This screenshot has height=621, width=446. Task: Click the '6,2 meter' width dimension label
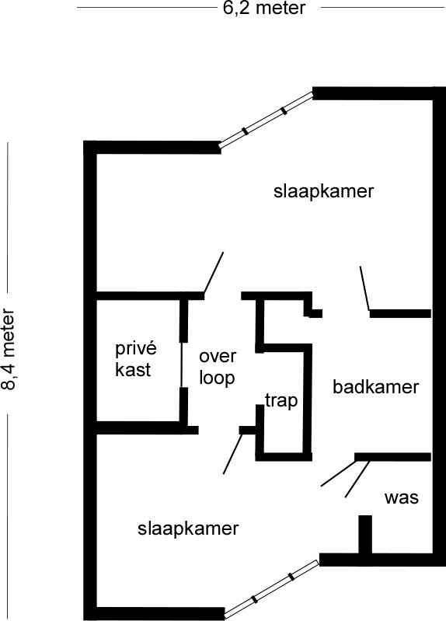click(264, 8)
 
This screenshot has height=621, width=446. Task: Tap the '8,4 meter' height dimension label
click(9, 349)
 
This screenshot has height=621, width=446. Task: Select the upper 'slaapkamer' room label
click(323, 192)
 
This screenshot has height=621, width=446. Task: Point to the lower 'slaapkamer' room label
click(188, 529)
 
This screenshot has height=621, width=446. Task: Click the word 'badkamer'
click(375, 387)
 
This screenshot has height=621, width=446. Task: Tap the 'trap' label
click(281, 401)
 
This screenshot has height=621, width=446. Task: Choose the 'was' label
click(401, 498)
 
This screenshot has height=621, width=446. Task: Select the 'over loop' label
click(217, 367)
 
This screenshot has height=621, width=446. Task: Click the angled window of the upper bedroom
click(267, 120)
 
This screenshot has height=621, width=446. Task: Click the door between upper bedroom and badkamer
click(364, 288)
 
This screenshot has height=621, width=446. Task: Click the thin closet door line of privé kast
click(182, 365)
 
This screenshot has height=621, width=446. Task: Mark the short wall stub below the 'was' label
click(365, 535)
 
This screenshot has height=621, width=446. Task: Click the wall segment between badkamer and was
click(392, 457)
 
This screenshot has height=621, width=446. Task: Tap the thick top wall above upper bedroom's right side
click(379, 93)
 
